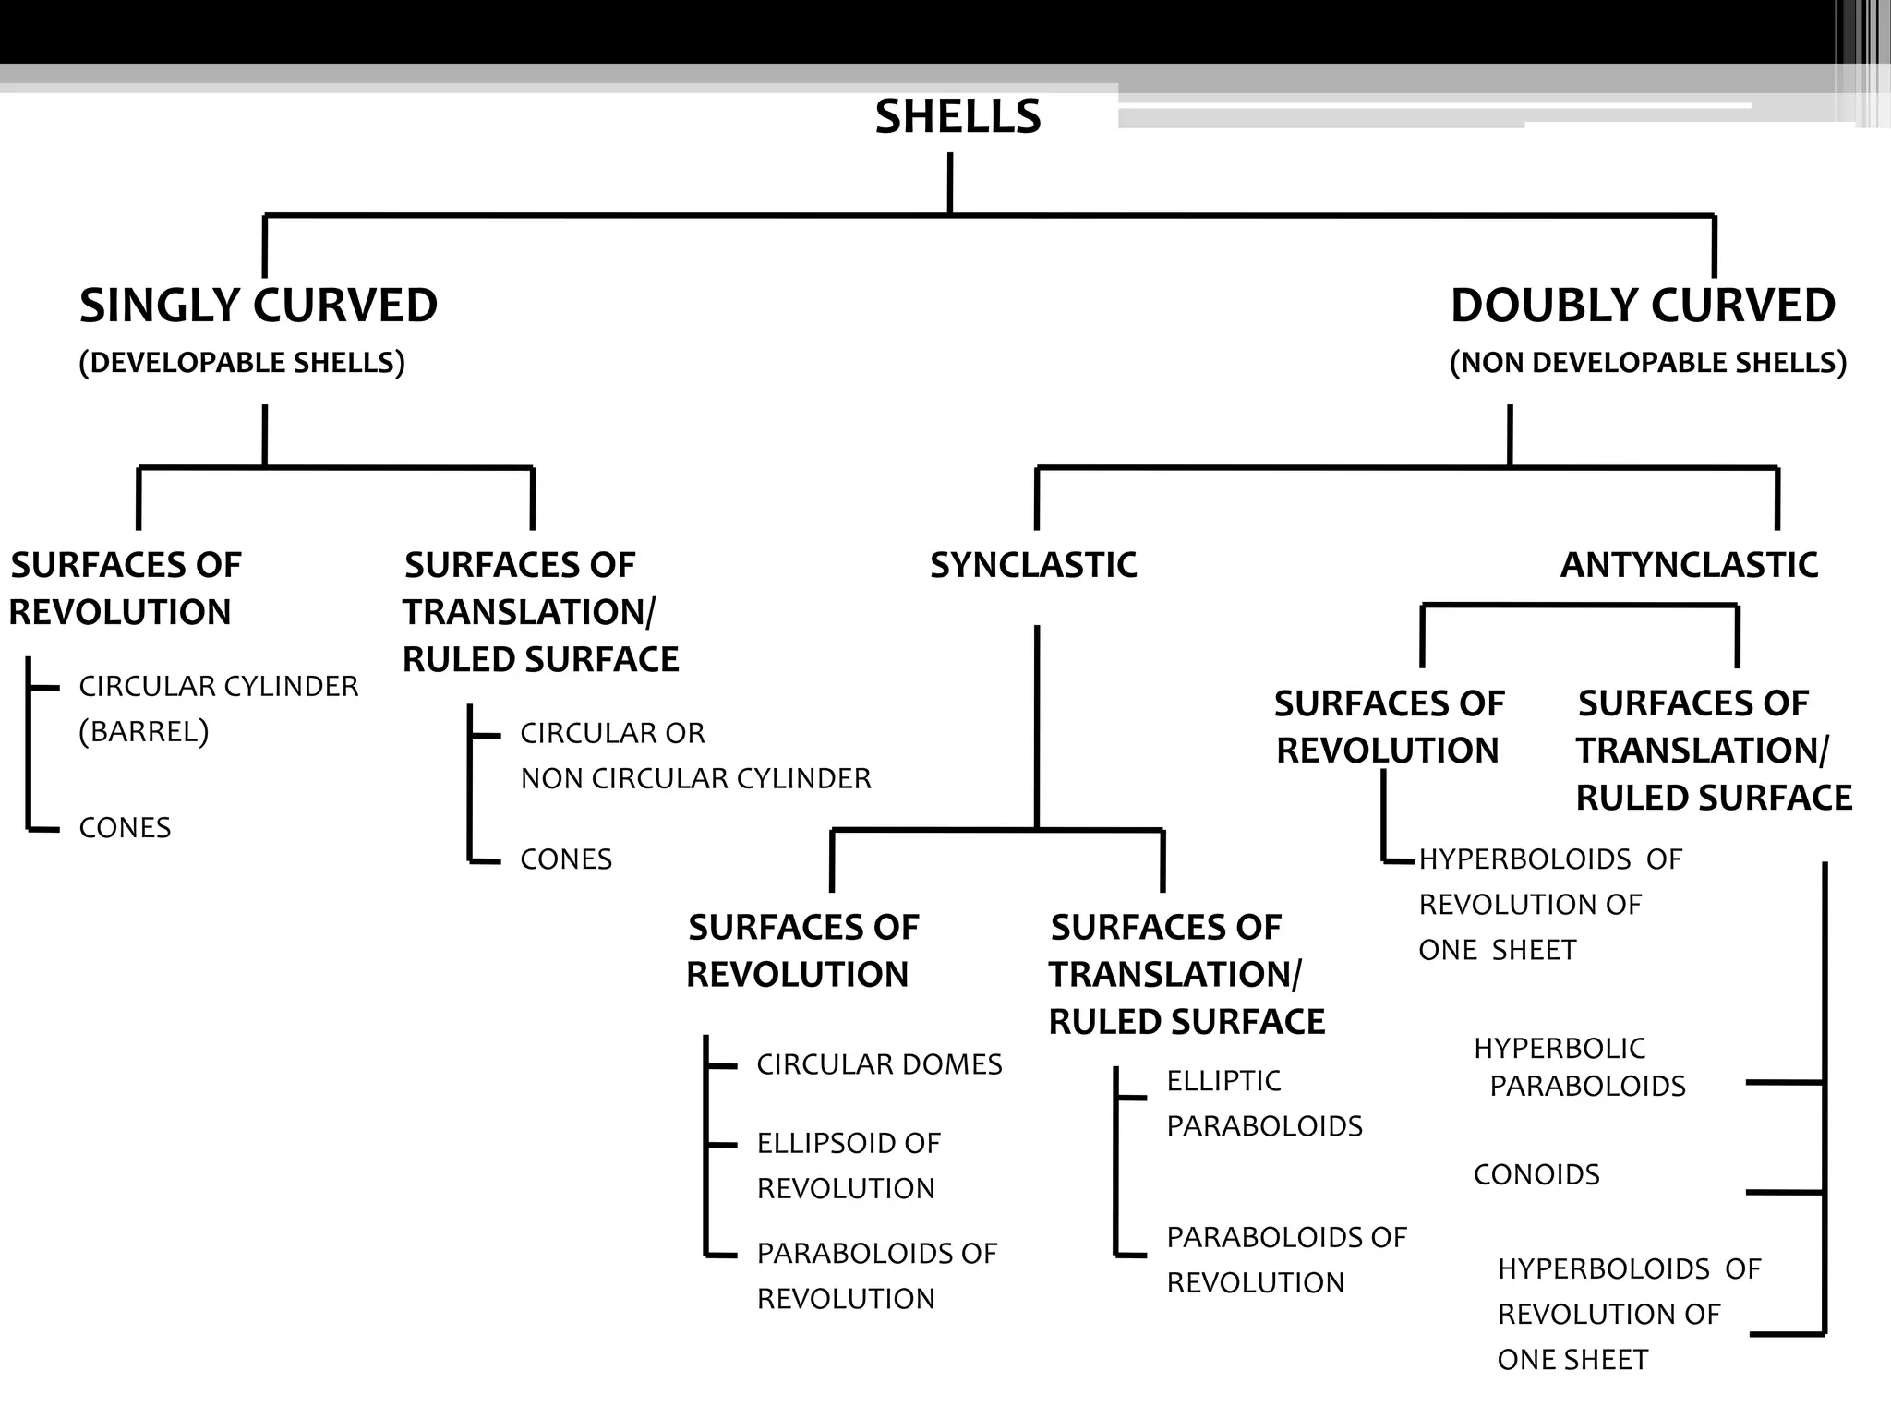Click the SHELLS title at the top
958,117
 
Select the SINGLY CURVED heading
259,306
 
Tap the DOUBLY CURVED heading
1643,306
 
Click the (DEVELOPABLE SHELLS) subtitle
242,363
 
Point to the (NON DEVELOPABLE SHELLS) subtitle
1648,363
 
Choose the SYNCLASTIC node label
1033,565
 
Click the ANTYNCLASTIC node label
1689,565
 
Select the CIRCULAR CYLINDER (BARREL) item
218,708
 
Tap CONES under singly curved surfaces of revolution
125,828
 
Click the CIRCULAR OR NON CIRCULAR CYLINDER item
694,756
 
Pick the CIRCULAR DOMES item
879,1064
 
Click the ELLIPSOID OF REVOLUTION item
848,1165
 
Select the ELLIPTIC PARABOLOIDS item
1264,1103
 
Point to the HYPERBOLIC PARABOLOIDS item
1579,1067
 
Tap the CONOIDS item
1536,1174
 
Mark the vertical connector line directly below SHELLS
950,184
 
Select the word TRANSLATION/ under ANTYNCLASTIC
1701,751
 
